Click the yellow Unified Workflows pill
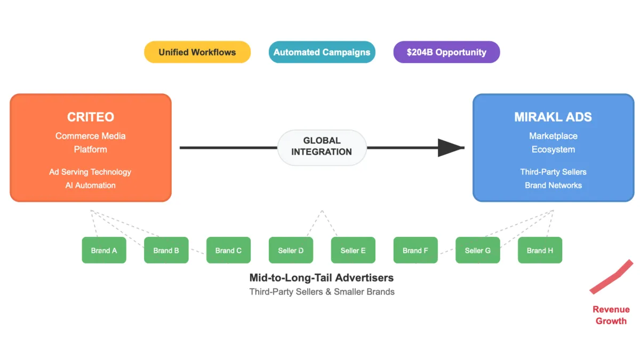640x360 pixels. point(197,52)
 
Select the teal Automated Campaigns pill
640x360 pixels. point(322,52)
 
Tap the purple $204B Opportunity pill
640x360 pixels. point(446,52)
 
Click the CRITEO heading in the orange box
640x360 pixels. point(90,117)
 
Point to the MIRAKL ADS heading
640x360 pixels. point(553,117)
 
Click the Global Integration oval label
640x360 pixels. point(322,147)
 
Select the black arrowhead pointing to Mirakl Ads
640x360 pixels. point(451,148)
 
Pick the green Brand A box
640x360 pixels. point(104,250)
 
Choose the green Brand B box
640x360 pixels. point(166,250)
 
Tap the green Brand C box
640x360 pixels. point(228,250)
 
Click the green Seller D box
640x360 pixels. point(291,250)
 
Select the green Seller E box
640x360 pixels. point(353,250)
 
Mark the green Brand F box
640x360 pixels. point(415,250)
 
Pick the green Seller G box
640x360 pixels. point(477,250)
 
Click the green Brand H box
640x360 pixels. point(540,250)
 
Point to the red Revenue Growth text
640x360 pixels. point(611,315)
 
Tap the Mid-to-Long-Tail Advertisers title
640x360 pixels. point(322,278)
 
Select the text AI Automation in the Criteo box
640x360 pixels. point(90,185)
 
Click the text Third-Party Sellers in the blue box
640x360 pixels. point(553,172)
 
